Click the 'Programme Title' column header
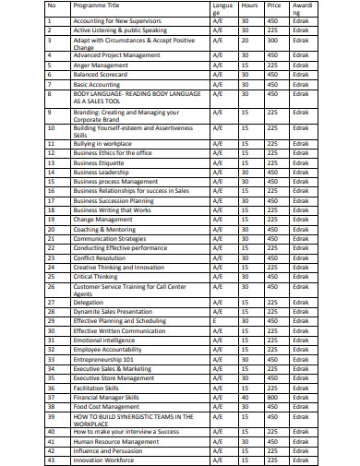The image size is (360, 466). coord(101,6)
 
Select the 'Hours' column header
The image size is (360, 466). coord(249,6)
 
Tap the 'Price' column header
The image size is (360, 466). coord(273,6)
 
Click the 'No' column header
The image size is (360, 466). coord(52,6)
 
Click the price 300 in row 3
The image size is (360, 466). coord(273,41)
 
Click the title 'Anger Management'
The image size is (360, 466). coord(102,66)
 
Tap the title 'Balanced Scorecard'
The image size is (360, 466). coord(103,75)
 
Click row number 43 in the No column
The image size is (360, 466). coord(52,459)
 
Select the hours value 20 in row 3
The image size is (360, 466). coord(249,41)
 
